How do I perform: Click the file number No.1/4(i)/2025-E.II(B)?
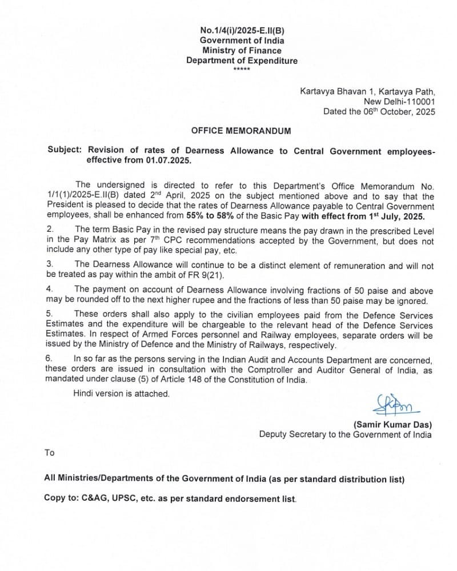[242, 30]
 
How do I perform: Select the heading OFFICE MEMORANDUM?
[240, 131]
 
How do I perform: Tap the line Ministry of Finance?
[242, 51]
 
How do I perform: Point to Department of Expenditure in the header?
[242, 61]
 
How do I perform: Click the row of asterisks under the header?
[242, 70]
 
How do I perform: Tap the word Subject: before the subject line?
[65, 151]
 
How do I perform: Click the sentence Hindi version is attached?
[121, 393]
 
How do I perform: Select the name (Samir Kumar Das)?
[392, 424]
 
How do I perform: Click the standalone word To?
[50, 453]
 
